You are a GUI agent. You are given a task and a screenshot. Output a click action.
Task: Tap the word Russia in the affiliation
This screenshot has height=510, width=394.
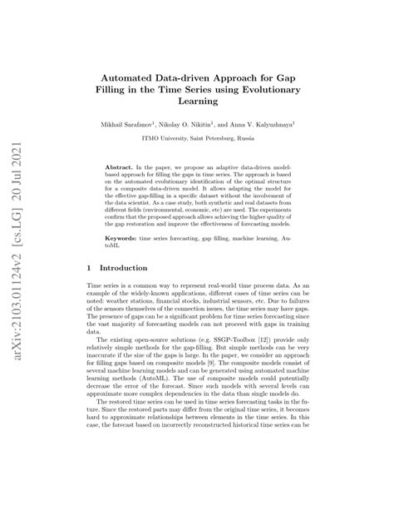264,137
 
